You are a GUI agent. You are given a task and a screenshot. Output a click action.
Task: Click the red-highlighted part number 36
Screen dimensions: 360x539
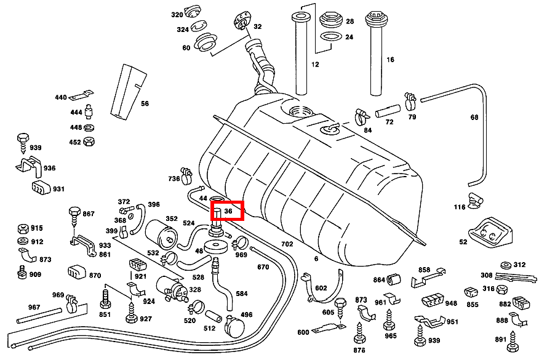(228, 210)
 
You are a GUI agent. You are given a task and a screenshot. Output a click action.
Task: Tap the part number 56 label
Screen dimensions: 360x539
(145, 103)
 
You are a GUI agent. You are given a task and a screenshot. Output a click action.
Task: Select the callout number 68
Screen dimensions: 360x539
(474, 117)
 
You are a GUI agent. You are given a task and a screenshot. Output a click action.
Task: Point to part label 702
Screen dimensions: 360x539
(287, 244)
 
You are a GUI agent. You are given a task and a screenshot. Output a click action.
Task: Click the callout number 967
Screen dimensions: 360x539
(34, 307)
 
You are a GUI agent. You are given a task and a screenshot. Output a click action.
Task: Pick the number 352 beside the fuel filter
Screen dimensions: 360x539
(172, 218)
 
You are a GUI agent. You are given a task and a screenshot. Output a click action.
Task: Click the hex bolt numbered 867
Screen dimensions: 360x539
(73, 214)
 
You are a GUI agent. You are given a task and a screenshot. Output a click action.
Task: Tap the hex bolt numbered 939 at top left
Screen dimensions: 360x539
(22, 138)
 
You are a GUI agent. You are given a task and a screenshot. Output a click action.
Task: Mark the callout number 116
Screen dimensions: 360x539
(460, 207)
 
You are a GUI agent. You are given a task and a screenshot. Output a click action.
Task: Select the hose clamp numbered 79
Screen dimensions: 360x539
(409, 101)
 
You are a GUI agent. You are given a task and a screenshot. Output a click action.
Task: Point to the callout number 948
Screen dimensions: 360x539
(451, 303)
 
